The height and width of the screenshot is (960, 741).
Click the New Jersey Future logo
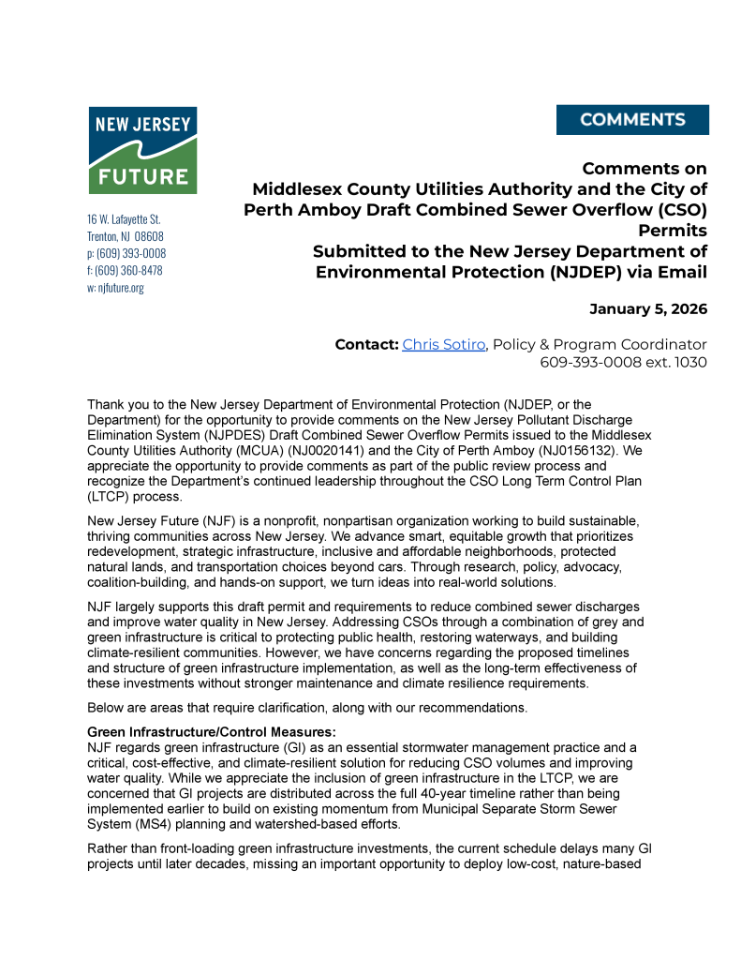coord(142,150)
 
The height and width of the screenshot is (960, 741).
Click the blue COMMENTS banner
coord(632,120)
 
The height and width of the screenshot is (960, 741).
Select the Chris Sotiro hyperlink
coord(444,344)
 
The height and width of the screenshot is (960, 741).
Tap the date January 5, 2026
coord(647,308)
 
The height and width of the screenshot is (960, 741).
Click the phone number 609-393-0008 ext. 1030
coord(623,362)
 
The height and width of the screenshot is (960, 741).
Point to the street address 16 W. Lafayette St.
coord(124,219)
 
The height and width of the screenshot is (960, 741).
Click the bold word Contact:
coord(366,344)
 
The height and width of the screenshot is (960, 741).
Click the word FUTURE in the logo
coord(142,175)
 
